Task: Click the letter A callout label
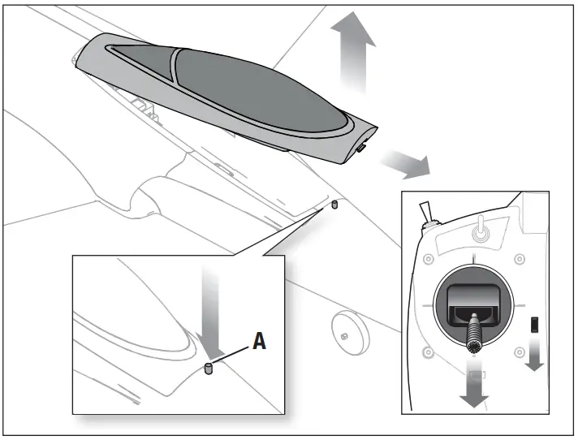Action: click(259, 341)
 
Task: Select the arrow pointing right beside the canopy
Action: click(408, 163)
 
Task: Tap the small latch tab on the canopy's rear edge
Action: click(361, 149)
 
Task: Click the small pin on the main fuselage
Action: click(333, 206)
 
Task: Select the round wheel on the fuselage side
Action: click(347, 331)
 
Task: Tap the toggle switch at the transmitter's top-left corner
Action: click(428, 212)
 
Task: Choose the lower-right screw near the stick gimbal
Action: click(520, 352)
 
